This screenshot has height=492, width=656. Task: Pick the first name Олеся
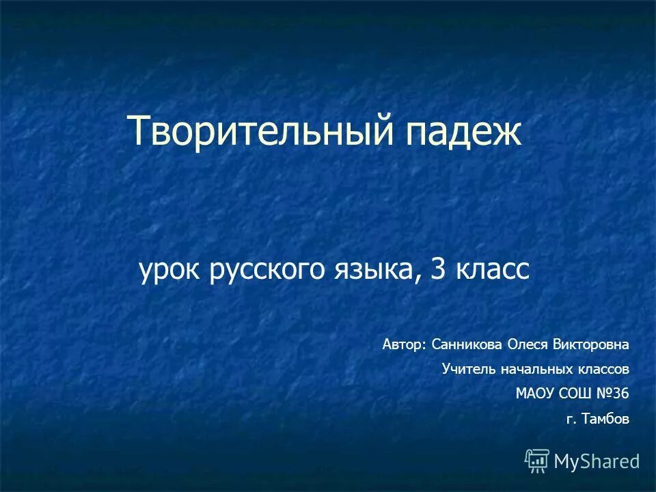[527, 345]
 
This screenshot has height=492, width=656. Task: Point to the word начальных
[532, 370]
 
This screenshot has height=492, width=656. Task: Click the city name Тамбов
[605, 419]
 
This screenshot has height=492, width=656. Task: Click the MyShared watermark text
[597, 461]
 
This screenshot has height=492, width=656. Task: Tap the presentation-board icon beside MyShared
[536, 461]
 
